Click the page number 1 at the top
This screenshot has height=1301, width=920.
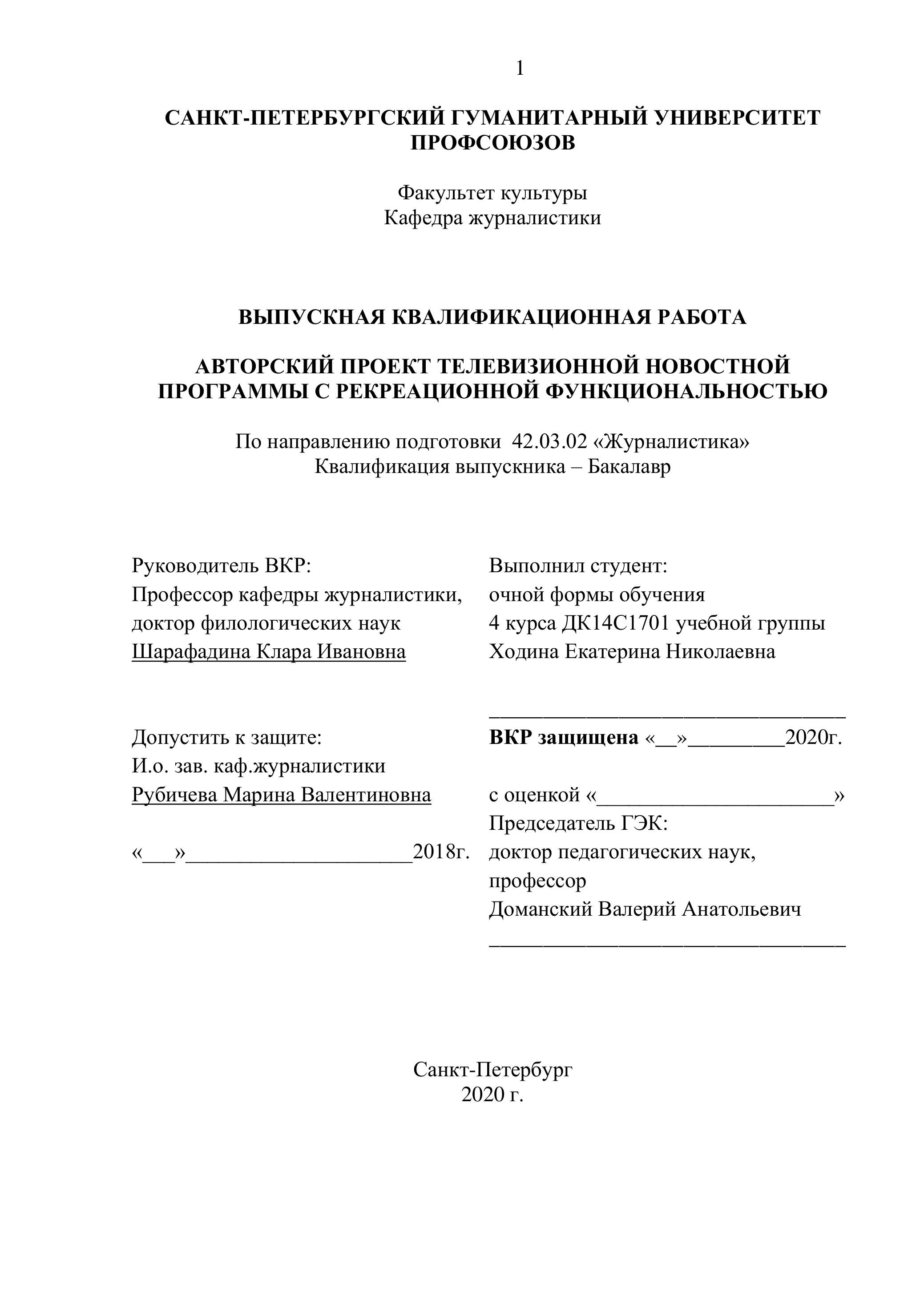point(520,69)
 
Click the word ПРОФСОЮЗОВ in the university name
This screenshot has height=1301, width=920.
point(492,143)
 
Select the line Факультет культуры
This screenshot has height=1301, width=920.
point(492,193)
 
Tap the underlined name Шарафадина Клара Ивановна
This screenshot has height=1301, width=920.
point(269,652)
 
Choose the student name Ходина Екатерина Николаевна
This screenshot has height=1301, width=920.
point(632,652)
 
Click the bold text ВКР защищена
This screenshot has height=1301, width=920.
point(563,738)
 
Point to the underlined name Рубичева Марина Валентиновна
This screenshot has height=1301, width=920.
point(281,796)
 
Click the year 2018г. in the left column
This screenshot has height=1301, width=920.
point(441,852)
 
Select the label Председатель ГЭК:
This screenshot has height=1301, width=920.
point(578,823)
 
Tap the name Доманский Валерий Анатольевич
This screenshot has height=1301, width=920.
point(645,909)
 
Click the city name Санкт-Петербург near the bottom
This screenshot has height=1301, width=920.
point(492,1070)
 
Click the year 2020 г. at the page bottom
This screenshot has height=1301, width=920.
point(492,1095)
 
